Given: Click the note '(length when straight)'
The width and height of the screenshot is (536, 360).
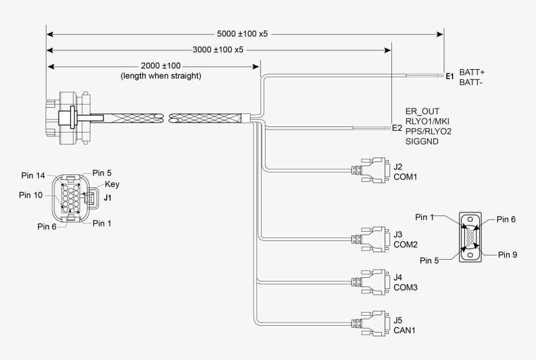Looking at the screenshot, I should pos(161,75).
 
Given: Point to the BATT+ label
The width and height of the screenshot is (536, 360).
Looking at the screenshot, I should pos(472,72).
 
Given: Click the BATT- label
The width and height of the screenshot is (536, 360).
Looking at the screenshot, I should pos(471,82).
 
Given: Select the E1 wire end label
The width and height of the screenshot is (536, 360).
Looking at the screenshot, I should pos(449,77).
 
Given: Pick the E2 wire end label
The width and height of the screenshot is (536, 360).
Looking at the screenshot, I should pos(397,128).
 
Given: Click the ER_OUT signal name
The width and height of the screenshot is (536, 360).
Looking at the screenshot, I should pos(422,110).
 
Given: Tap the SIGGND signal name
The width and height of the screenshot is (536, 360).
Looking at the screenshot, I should pos(422,142).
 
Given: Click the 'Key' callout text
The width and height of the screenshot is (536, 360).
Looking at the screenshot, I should pos(112,184).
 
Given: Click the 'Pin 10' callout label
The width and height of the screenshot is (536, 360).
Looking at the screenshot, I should pos(31,195).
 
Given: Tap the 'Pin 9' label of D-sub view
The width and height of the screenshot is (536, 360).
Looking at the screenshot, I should pos(509,254).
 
